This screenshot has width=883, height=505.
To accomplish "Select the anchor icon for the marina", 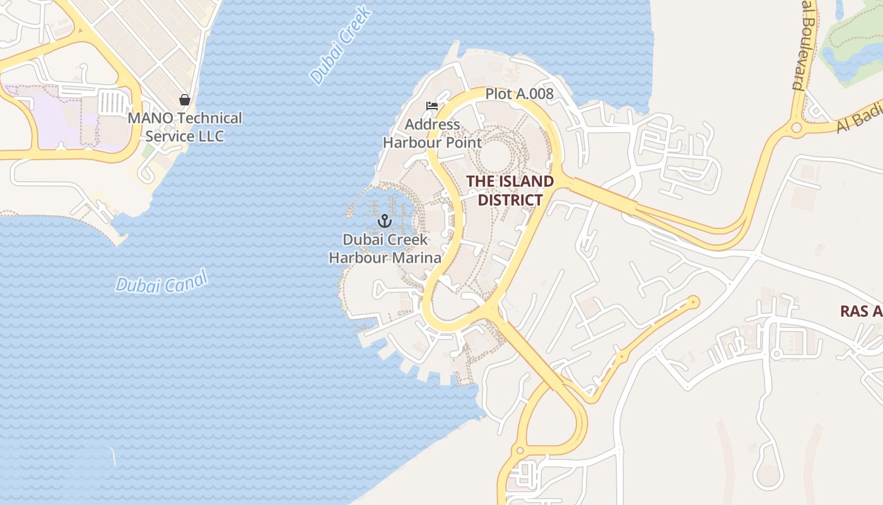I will point(385,221).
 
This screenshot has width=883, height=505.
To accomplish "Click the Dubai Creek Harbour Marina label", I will point(385,249).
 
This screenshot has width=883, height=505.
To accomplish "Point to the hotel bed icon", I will point(432,105).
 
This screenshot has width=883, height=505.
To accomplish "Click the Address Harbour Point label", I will point(433,133).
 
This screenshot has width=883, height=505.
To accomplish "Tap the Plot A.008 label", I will point(519,94).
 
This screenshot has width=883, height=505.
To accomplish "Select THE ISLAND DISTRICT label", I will point(510,191).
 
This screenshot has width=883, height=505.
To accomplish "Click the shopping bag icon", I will point(185,100).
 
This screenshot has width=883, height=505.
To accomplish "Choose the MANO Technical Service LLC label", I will point(185,127).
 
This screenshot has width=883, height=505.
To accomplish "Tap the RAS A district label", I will point(862,311).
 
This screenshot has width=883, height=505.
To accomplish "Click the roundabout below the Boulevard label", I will point(796,128).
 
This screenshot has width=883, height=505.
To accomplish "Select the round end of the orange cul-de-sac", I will point(694,302).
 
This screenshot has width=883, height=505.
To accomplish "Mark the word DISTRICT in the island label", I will point(510,200).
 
